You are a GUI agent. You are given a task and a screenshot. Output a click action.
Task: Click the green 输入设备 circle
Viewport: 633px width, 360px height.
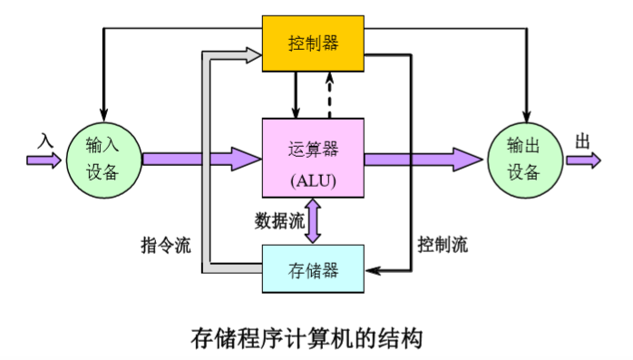tap(102, 160)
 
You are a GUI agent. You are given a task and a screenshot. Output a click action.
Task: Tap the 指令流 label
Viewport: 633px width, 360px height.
tap(166, 245)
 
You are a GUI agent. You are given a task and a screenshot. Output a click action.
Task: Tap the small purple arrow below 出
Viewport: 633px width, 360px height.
tap(583, 161)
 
